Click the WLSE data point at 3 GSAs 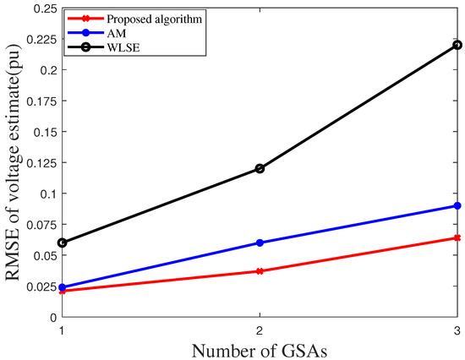coord(457,45)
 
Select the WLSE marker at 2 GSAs coord(260,168)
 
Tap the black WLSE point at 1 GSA coord(62,243)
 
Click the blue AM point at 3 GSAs coord(457,205)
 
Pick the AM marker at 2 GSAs coord(260,243)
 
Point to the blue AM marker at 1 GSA coord(62,287)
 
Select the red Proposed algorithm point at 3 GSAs coord(457,237)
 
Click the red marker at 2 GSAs coord(260,271)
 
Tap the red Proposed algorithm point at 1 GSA coord(62,291)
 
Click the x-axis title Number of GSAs coord(260,348)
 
